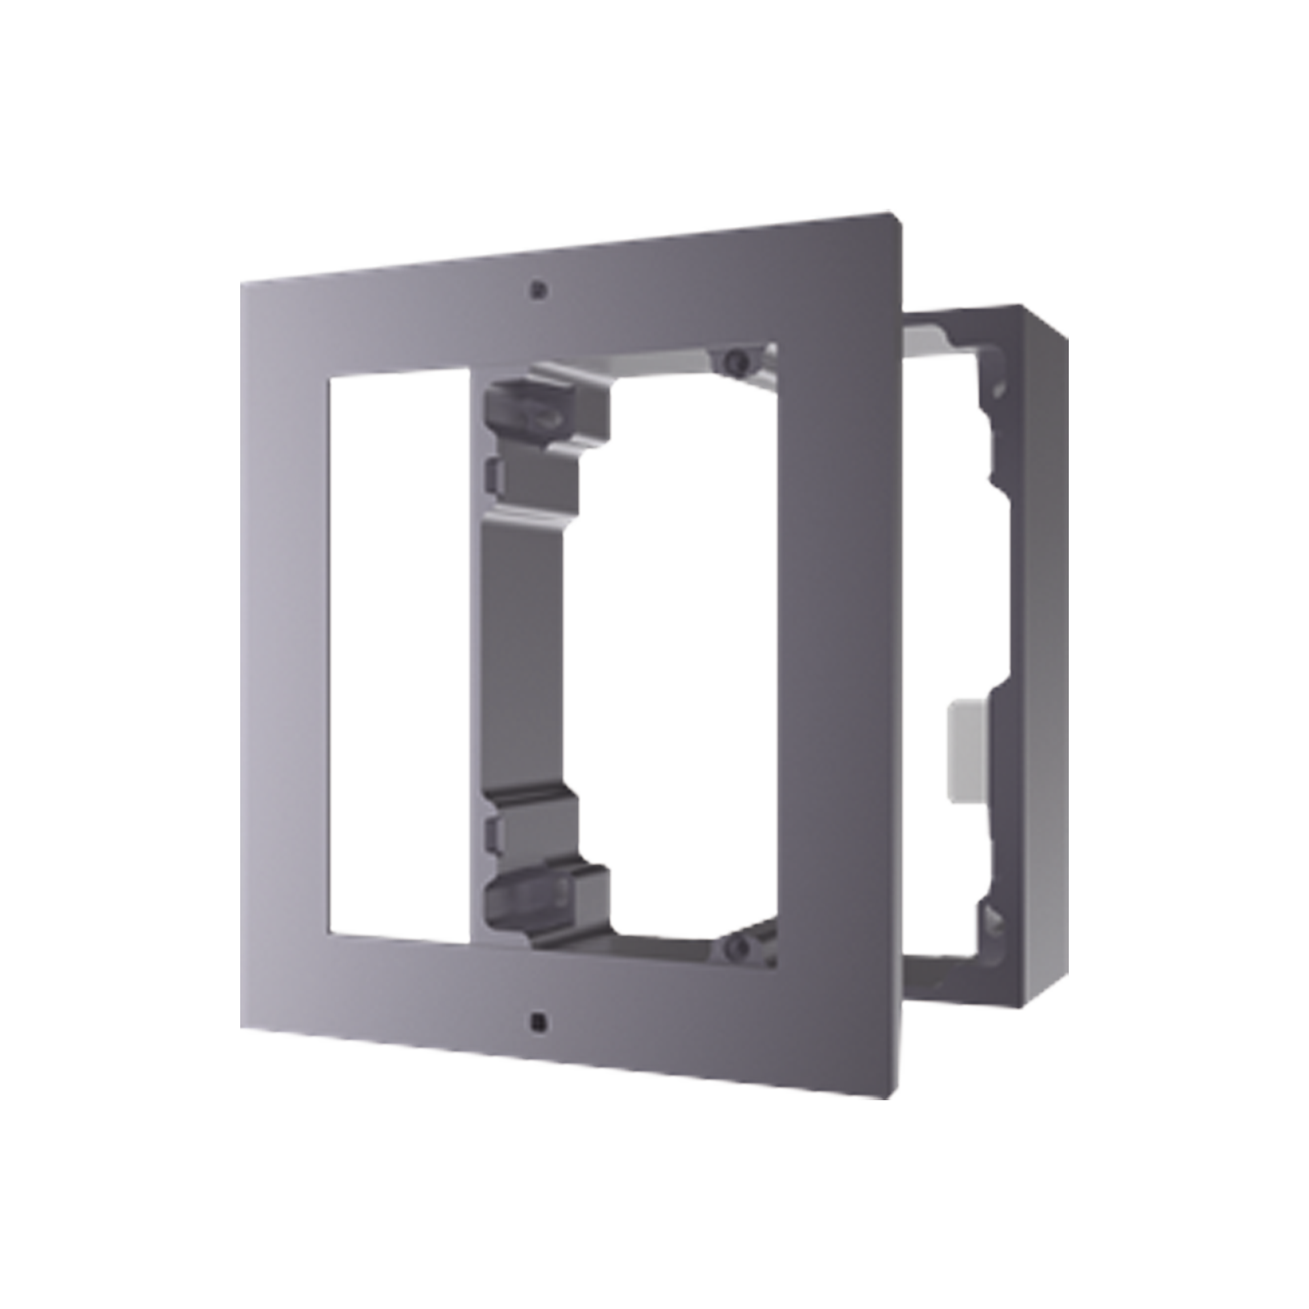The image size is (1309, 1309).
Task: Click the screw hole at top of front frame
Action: click(x=537, y=289)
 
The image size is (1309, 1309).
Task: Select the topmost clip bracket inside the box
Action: click(x=542, y=400)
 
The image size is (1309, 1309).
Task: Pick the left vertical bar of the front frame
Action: click(x=285, y=651)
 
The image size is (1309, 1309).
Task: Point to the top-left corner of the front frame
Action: click(x=245, y=278)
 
